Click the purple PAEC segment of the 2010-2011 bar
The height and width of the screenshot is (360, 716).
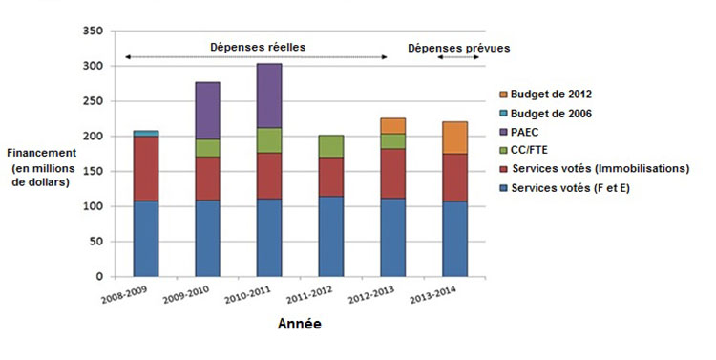point(268,95)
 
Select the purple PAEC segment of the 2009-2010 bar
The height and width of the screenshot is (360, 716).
point(207,111)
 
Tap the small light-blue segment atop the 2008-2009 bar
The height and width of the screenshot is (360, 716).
point(146,134)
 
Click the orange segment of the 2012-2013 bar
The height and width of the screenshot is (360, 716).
point(392,126)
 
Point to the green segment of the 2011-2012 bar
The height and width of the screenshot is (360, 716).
point(331,146)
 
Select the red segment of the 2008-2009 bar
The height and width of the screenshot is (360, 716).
point(146,168)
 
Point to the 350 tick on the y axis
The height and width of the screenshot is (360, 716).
point(93,32)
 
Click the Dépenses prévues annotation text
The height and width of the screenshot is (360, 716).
point(458,47)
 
